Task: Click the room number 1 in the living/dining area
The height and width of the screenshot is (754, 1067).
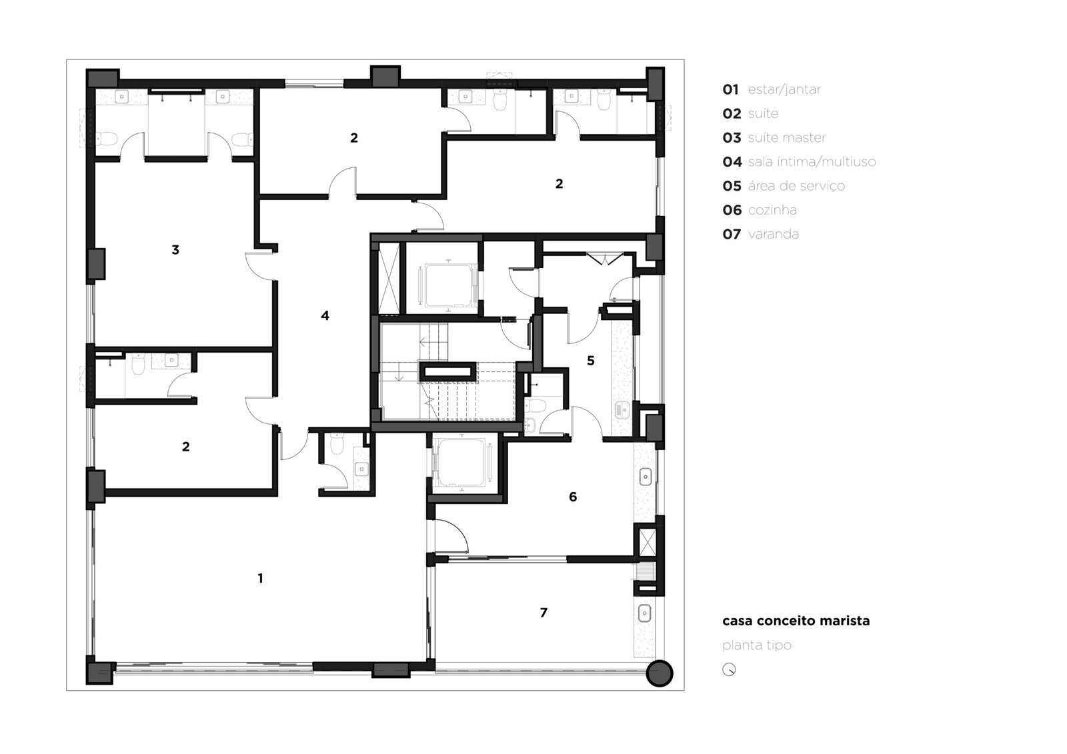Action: (x=260, y=578)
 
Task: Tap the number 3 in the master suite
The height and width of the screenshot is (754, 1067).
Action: (x=175, y=249)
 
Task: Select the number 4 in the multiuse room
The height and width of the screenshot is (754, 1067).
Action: (x=325, y=315)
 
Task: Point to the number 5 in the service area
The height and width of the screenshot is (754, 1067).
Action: (x=591, y=361)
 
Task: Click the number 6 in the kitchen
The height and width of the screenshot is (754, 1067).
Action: (x=573, y=497)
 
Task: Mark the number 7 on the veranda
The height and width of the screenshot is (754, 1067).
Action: (x=544, y=613)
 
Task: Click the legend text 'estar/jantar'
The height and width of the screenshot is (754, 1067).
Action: (x=784, y=89)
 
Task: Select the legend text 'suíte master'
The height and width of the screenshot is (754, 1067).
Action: (x=787, y=137)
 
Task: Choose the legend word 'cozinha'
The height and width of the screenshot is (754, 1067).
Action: (x=772, y=210)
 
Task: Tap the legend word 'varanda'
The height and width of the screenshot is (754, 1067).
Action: (x=773, y=235)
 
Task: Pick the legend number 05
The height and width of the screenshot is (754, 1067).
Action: (x=732, y=186)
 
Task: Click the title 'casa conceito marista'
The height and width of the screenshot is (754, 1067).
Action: (x=796, y=621)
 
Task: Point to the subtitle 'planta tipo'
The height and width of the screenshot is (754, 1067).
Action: (x=757, y=645)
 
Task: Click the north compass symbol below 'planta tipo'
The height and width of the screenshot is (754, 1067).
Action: (x=729, y=670)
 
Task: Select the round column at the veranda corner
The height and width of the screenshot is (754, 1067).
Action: (x=660, y=673)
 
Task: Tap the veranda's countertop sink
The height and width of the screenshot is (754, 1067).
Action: (x=644, y=613)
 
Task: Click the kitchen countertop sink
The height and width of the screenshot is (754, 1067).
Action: (x=646, y=476)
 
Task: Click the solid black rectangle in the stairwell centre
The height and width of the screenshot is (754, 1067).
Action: (x=447, y=372)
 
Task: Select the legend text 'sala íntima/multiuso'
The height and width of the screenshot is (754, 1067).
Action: (x=812, y=162)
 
